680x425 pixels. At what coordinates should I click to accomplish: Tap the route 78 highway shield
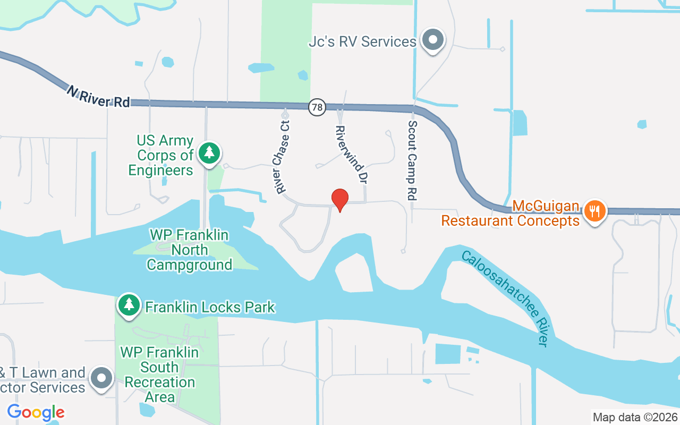pos(317,107)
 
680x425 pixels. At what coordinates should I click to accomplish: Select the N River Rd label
pos(98,96)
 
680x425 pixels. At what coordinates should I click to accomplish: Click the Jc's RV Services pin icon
pos(433,40)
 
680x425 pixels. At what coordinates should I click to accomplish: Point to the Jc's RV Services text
pos(362,42)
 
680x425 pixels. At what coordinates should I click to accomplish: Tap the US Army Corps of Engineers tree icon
pos(210,153)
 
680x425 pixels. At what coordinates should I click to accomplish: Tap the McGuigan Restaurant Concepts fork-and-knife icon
pos(595,211)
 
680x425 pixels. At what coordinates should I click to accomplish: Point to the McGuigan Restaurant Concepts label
pos(511,213)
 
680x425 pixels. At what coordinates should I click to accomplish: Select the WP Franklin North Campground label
pos(190,249)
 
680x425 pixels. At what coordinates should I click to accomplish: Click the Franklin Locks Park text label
pos(210,307)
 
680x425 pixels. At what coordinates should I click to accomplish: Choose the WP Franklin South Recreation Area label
pos(160,374)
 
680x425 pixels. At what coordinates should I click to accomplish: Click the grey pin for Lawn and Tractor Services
pos(101,378)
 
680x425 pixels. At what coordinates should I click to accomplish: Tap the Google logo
pos(36,412)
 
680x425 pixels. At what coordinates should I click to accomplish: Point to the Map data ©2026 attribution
pos(635,417)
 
